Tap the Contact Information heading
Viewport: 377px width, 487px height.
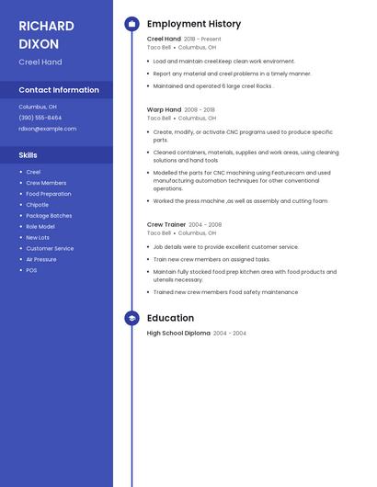click(59, 90)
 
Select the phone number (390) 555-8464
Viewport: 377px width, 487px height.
click(40, 118)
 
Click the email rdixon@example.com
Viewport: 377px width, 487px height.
click(48, 129)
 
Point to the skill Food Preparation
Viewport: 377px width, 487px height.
click(49, 194)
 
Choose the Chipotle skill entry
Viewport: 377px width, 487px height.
click(38, 205)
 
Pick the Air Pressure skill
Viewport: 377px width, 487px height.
click(41, 259)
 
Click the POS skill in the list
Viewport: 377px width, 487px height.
click(31, 270)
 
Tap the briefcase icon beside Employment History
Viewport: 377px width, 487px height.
click(131, 24)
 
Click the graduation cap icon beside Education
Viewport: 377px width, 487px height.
click(131, 318)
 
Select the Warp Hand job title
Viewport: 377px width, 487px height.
click(164, 109)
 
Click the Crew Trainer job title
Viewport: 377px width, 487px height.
click(166, 224)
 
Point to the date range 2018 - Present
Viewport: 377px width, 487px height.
click(202, 40)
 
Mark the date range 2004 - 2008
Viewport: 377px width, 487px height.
click(205, 224)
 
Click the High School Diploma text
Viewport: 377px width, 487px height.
click(178, 333)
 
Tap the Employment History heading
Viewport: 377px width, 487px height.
click(194, 24)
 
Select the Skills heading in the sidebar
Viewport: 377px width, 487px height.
click(29, 155)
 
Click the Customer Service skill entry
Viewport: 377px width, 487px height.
click(50, 248)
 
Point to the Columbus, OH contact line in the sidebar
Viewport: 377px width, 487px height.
click(38, 107)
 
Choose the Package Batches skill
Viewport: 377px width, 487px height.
click(49, 216)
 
